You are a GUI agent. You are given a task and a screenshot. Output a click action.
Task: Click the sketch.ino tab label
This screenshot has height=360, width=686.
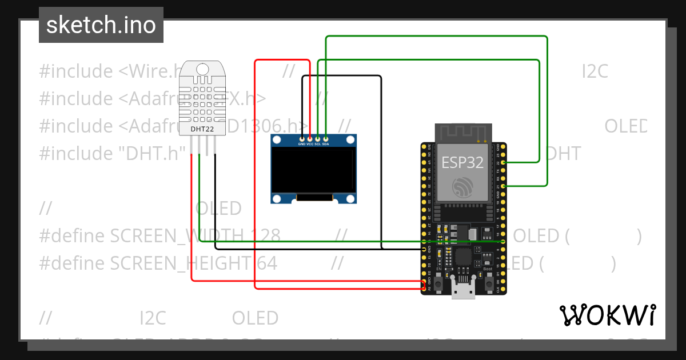tap(101, 25)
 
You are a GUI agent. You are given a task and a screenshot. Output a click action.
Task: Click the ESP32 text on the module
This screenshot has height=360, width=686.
tap(462, 162)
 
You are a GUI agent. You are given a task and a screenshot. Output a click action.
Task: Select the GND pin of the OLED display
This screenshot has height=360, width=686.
tap(302, 138)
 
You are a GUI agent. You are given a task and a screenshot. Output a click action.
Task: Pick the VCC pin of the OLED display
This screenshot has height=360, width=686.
tap(310, 138)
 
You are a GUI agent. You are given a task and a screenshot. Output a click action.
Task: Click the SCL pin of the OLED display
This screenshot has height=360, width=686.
tap(318, 138)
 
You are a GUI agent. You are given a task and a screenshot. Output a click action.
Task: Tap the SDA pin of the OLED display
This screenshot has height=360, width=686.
tap(326, 138)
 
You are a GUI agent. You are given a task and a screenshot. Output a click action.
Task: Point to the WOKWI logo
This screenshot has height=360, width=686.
tap(607, 315)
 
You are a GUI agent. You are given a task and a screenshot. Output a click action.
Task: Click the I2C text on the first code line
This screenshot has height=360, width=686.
tap(595, 71)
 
